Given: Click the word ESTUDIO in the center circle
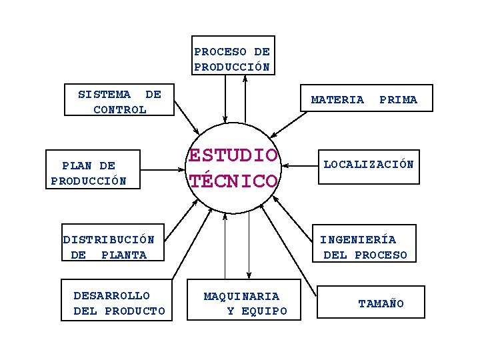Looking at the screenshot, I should (233, 155).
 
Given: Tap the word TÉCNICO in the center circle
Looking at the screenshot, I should (233, 181).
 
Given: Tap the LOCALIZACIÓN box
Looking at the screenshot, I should (368, 165).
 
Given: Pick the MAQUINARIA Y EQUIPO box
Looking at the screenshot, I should (245, 303).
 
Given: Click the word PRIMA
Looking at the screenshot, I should (398, 100).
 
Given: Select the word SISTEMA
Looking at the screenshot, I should (104, 94).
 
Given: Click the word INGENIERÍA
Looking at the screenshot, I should (358, 239).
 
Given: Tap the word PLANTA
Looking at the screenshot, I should (124, 255).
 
